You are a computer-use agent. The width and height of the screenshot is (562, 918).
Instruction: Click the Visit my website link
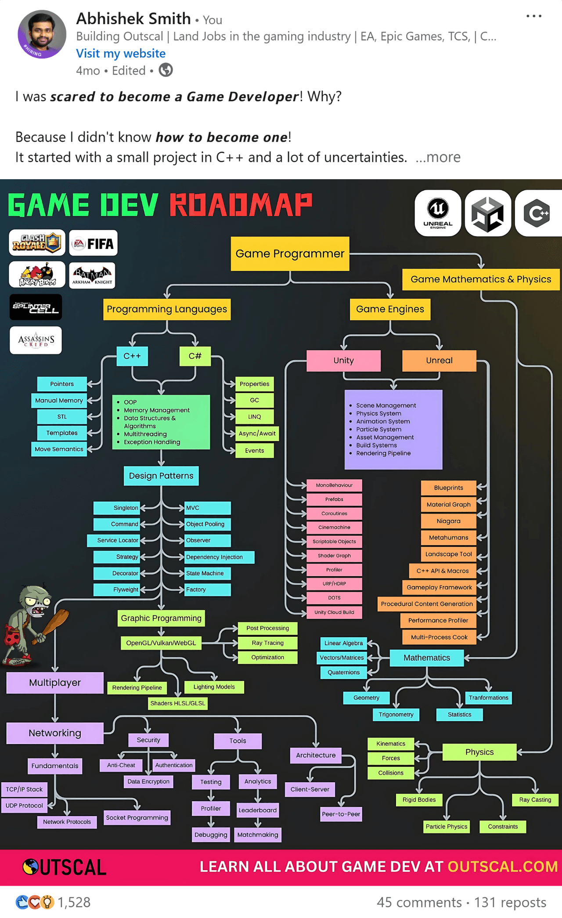coord(121,54)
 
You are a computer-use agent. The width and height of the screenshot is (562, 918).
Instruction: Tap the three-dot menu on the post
coord(533,16)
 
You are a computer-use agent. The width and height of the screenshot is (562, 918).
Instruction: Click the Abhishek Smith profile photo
coord(42,34)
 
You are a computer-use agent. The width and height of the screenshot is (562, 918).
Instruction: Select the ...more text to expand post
coord(438,157)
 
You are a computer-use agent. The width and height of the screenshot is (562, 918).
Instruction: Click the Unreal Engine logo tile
coord(438,213)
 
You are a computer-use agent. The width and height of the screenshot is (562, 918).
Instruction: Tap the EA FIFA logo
coord(94,243)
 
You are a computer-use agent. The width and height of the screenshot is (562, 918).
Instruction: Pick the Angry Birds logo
coord(37,275)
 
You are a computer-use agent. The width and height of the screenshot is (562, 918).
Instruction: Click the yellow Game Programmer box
coord(290,253)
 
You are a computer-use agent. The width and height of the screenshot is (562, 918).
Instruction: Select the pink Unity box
coord(343,361)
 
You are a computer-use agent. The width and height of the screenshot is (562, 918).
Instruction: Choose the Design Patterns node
coord(161,476)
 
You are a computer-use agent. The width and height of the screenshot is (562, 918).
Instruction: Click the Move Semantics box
coord(59,449)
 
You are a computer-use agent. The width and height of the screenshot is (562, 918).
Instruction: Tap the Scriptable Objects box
coord(334,542)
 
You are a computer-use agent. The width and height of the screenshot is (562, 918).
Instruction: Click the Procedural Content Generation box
coord(427,604)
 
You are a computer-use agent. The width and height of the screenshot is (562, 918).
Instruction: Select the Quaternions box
coord(343,672)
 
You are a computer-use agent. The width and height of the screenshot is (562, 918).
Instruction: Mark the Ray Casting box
coord(535,800)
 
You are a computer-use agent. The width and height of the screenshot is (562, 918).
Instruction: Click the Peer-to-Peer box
coord(341,814)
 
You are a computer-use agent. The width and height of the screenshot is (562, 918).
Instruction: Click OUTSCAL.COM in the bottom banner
coord(503,867)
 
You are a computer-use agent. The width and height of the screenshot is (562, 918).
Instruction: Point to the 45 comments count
coord(419,903)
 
